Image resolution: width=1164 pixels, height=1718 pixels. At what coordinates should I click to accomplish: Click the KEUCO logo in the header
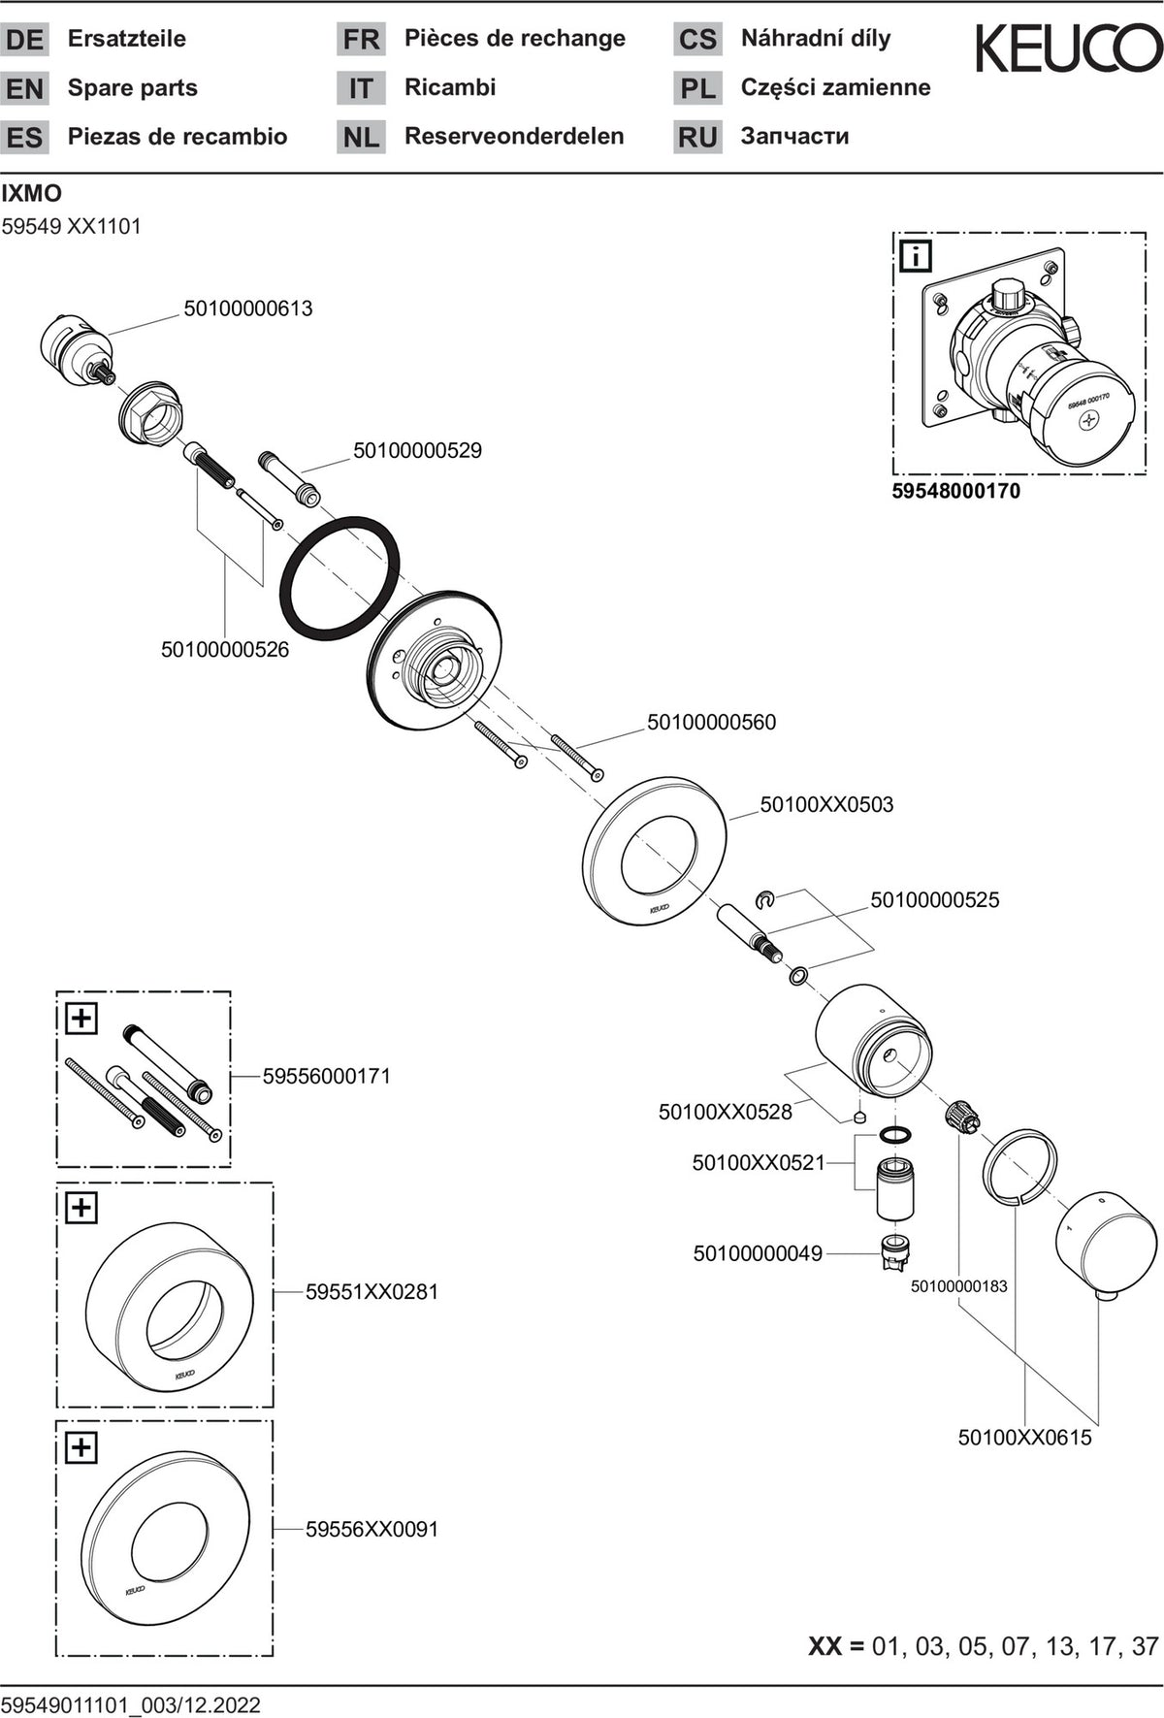[1067, 49]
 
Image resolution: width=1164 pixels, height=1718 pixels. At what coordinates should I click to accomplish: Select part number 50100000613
[248, 308]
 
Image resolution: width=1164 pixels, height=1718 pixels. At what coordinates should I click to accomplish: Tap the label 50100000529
[417, 451]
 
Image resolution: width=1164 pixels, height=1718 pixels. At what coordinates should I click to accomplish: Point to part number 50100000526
[225, 650]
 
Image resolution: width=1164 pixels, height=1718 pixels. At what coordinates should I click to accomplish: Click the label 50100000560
[712, 723]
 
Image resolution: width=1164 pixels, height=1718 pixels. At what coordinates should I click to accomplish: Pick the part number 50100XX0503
[826, 805]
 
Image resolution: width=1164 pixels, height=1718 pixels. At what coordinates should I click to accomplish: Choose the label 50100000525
[935, 900]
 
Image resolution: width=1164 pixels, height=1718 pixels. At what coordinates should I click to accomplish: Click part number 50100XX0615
[1025, 1438]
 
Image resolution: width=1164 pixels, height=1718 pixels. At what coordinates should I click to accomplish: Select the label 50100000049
[758, 1254]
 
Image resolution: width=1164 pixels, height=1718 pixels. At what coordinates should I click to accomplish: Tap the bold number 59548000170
[956, 491]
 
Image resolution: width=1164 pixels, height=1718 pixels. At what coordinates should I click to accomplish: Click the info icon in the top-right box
[916, 256]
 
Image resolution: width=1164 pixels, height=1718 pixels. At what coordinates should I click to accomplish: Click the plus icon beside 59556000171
[81, 1019]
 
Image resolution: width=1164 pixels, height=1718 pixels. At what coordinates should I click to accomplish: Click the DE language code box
[24, 40]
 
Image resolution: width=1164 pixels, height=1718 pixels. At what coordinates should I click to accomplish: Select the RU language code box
[697, 137]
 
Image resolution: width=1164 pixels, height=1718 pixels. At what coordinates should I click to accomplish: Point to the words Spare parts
[133, 88]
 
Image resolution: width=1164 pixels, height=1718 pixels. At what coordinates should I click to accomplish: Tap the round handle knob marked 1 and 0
[1106, 1247]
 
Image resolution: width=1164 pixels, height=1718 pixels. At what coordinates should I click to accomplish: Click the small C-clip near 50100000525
[765, 900]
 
